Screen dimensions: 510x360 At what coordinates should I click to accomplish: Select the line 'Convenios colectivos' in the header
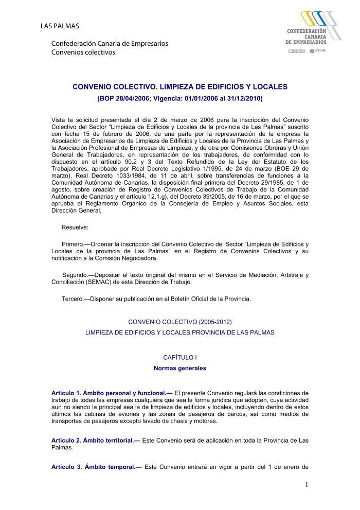point(83,52)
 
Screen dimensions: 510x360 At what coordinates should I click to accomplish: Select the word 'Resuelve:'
point(75,227)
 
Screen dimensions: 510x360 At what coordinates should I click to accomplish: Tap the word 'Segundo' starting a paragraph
point(75,275)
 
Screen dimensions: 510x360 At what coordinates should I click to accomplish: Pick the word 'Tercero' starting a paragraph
point(73,298)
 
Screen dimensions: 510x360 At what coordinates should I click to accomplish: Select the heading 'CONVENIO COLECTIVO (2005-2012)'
point(179,322)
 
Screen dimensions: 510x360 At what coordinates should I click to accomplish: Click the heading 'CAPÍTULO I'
point(179,357)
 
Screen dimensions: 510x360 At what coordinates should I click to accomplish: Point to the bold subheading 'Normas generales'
point(179,368)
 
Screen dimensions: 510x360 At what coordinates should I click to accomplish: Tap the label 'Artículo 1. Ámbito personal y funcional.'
point(112,393)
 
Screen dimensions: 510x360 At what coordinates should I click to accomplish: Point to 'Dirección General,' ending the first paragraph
point(77,210)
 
